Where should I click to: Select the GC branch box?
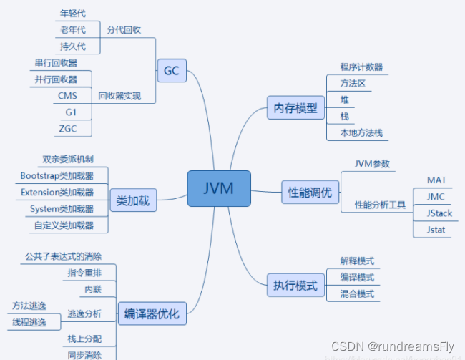171,71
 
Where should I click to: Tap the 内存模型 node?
295,109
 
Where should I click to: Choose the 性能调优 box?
310,193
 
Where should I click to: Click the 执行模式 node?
295,285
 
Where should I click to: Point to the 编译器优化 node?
152,313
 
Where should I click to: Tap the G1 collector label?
69,112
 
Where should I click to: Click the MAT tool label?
436,180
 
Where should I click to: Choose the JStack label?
439,213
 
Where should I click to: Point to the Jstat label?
436,230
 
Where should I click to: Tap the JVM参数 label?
372,163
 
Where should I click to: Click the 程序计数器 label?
361,67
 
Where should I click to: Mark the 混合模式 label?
357,293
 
